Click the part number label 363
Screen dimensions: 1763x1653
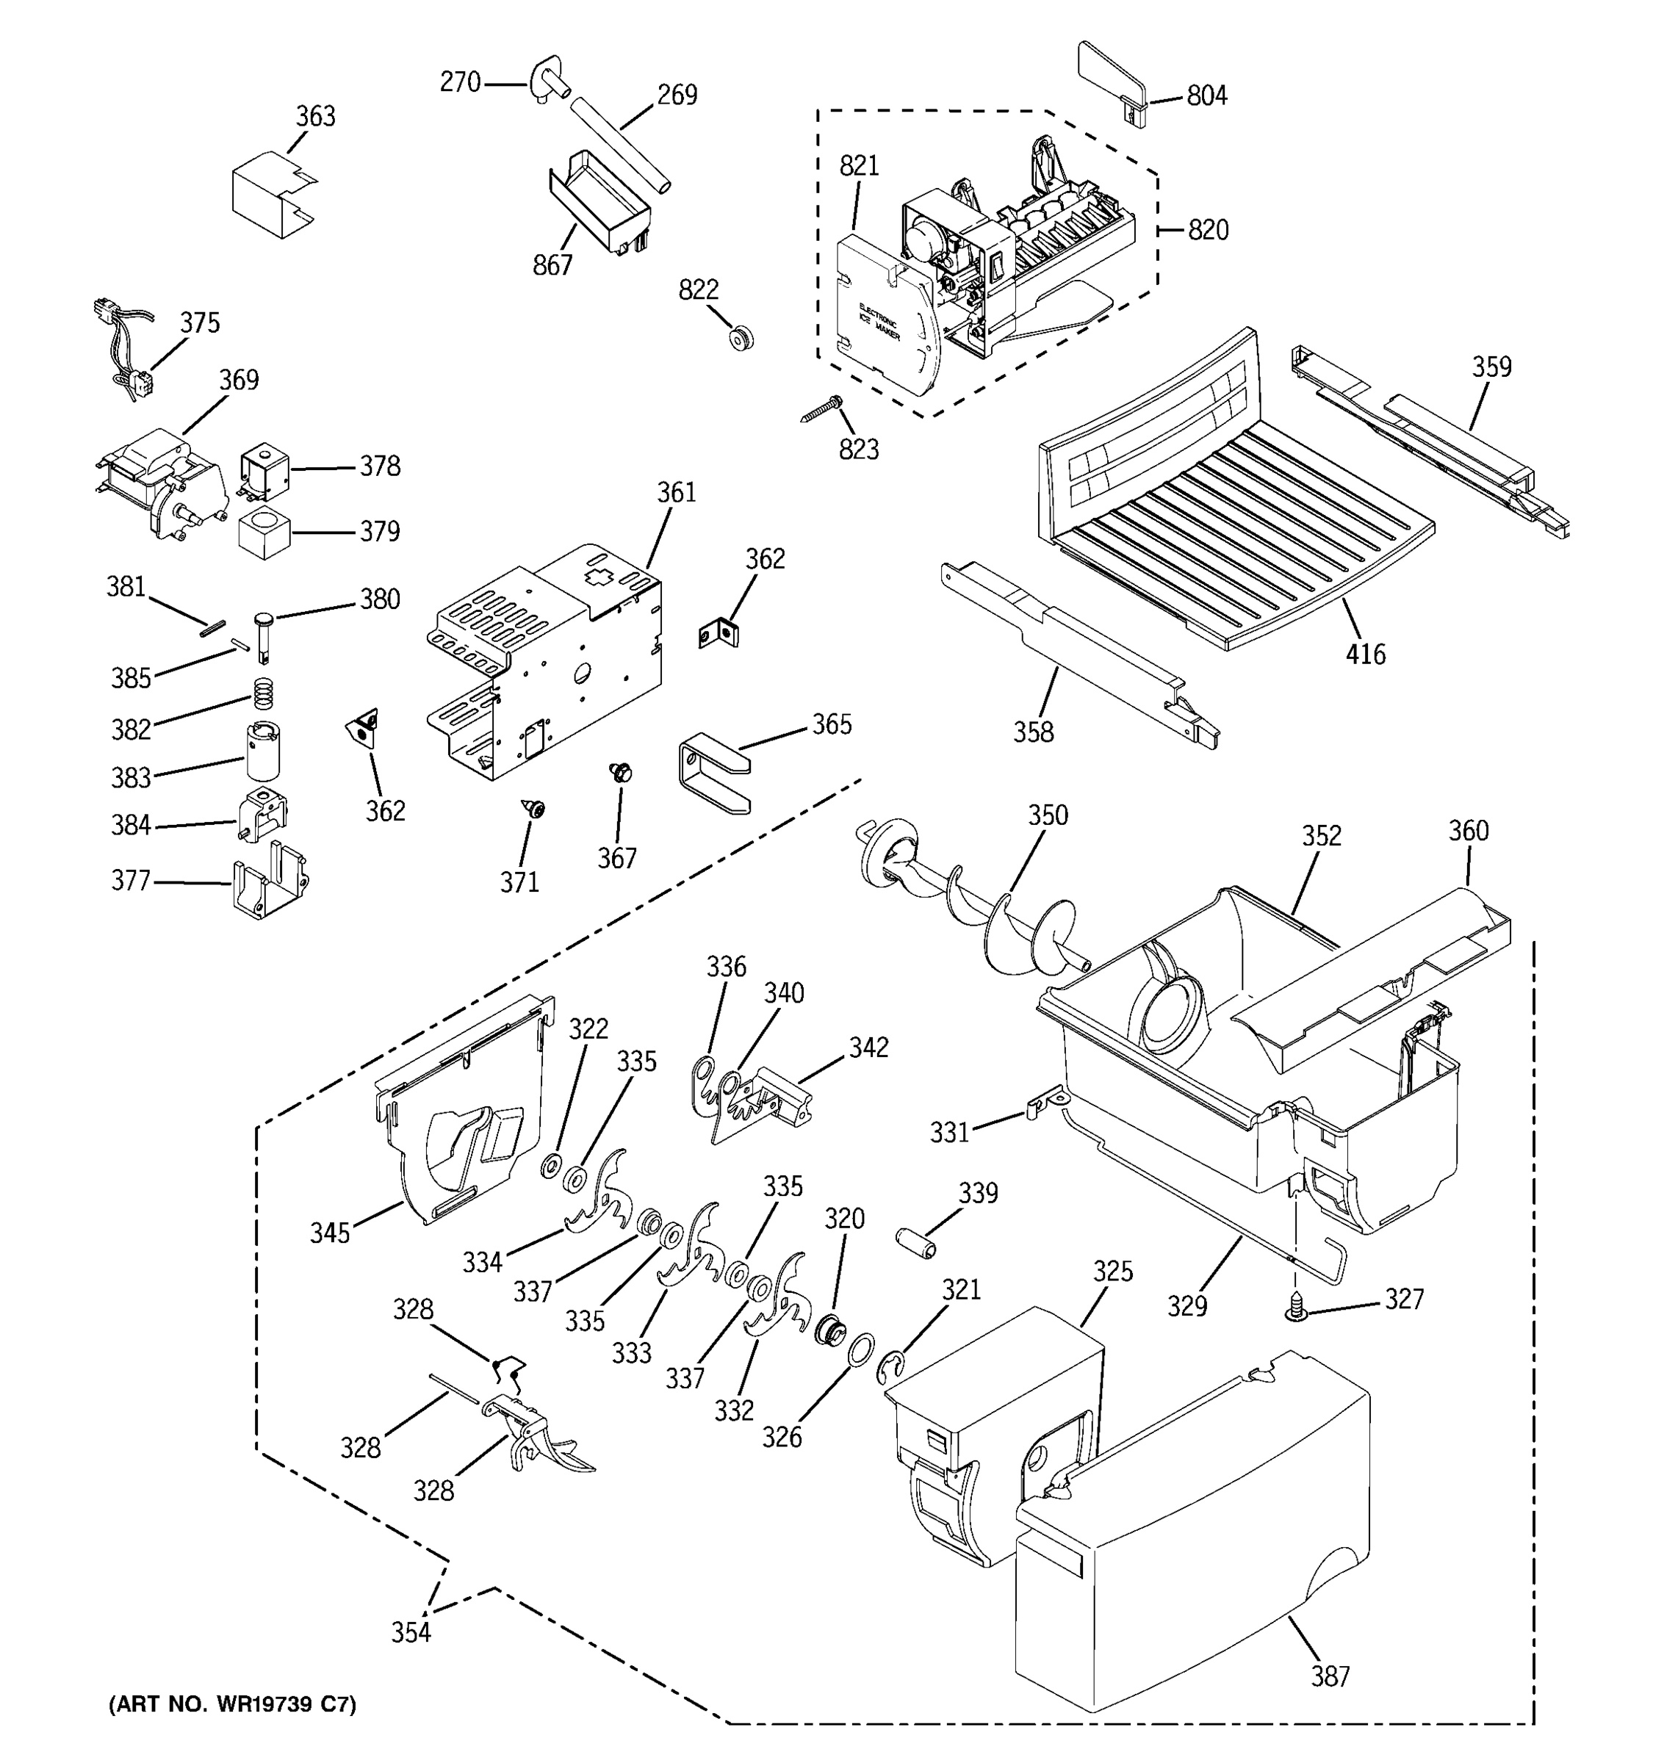pyautogui.click(x=316, y=116)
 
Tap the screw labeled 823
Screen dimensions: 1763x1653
pyautogui.click(x=822, y=409)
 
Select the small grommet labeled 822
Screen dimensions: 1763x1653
pyautogui.click(x=741, y=338)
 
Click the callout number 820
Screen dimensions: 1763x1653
pyautogui.click(x=1208, y=231)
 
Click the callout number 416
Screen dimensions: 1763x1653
pyautogui.click(x=1365, y=655)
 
